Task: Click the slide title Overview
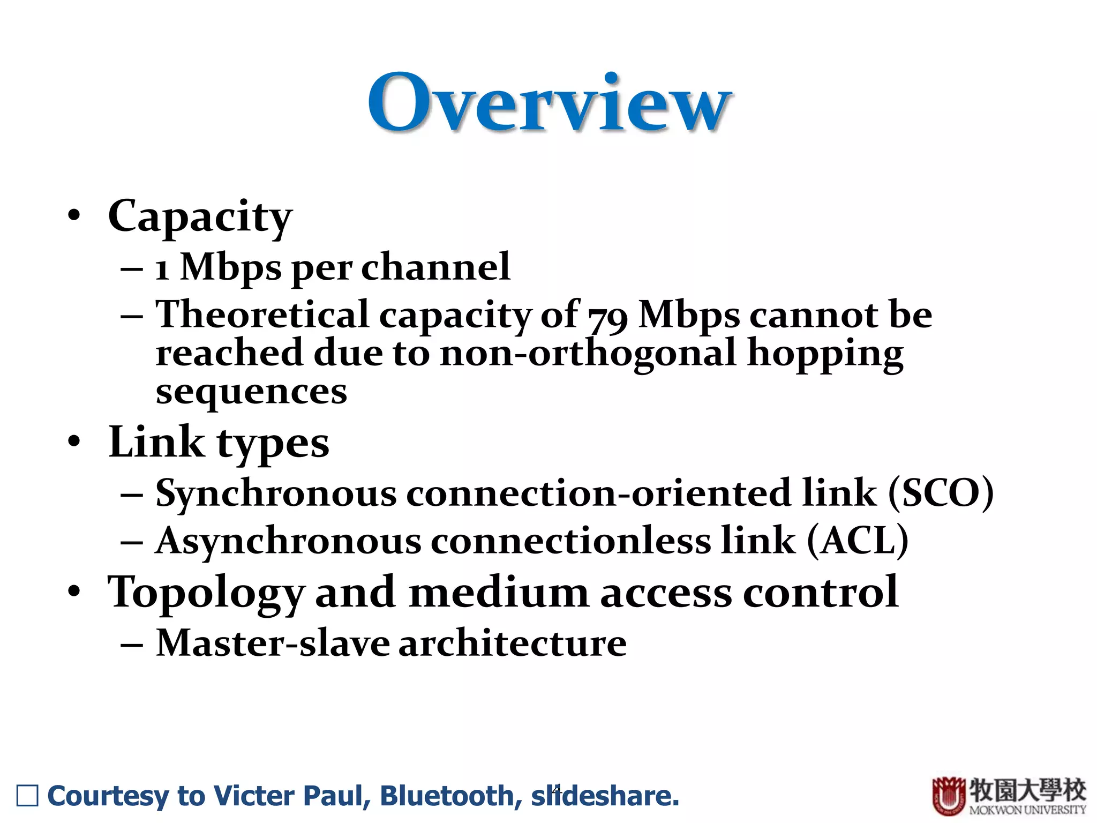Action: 549,103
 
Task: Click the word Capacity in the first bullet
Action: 200,217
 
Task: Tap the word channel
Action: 435,267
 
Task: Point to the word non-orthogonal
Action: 588,354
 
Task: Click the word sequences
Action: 251,392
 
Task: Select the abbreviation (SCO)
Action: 941,493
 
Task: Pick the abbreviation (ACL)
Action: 858,541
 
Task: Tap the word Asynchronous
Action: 288,541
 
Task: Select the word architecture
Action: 513,643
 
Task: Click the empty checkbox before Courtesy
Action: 27,796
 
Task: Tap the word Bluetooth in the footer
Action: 447,796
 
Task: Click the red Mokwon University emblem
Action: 949,796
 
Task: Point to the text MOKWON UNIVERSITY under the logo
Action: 1027,810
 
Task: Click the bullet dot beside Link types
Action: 74,442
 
